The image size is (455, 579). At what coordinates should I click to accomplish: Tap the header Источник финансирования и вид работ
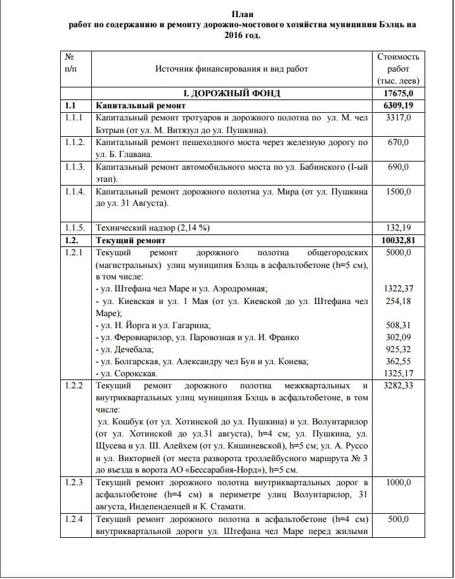[x=231, y=69]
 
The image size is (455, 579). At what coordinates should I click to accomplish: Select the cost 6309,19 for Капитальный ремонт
[x=398, y=106]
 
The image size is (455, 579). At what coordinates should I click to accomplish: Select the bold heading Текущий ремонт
[x=130, y=241]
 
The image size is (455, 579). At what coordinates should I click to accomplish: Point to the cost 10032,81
[x=398, y=241]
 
